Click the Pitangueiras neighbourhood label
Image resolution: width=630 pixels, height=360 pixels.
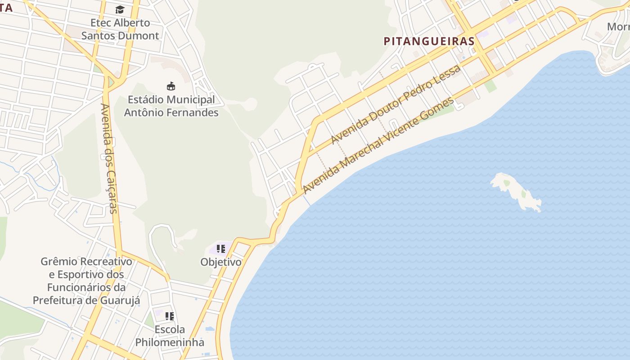point(429,41)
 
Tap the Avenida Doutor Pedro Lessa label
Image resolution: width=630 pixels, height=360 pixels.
point(396,105)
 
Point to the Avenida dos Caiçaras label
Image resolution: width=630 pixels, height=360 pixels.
point(109,158)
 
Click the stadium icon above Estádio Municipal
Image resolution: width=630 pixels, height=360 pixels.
point(171,86)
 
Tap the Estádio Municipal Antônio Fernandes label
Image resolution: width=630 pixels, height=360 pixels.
point(171,106)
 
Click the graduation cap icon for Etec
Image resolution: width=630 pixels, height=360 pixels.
point(120,10)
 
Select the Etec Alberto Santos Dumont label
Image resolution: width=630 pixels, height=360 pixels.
point(120,29)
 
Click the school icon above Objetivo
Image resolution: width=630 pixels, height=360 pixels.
point(220,248)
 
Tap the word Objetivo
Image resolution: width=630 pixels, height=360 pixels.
point(220,262)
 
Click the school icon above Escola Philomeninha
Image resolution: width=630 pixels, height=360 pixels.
point(169,316)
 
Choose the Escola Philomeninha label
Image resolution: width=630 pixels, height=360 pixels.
point(170,336)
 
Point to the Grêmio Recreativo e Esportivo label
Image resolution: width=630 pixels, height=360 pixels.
point(86,281)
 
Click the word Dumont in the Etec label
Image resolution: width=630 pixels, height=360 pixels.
point(141,36)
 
